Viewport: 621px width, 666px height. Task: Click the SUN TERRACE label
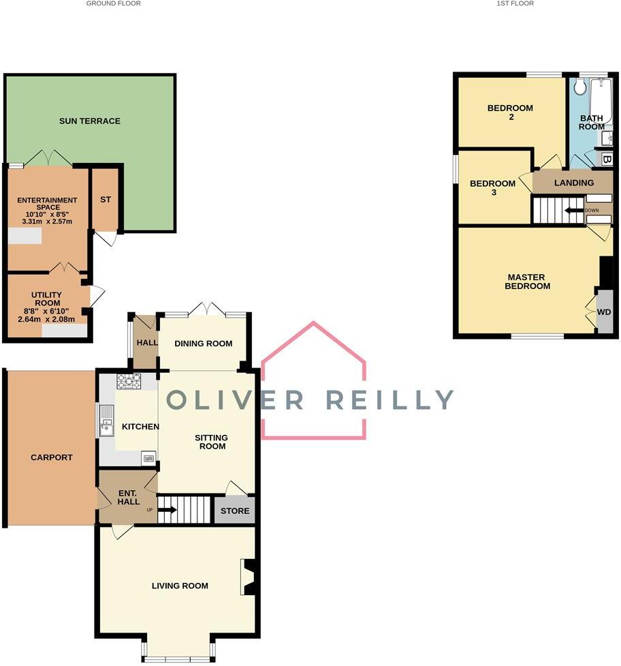pos(89,121)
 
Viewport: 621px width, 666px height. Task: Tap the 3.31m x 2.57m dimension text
pos(45,222)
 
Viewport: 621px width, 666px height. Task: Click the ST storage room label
pos(105,200)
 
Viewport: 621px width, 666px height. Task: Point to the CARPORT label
pos(51,457)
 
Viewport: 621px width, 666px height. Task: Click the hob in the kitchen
pos(129,381)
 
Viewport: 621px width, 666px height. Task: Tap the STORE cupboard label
pos(235,511)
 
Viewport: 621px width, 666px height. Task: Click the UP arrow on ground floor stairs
pos(167,509)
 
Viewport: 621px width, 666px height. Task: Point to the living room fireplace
pos(249,577)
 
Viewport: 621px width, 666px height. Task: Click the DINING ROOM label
pos(204,344)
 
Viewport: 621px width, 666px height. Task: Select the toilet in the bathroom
pos(580,87)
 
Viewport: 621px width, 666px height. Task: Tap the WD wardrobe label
pos(603,312)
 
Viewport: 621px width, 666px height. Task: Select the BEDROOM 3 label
pos(492,187)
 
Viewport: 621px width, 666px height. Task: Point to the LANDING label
pos(573,183)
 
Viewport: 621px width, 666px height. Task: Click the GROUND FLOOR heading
pos(114,3)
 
